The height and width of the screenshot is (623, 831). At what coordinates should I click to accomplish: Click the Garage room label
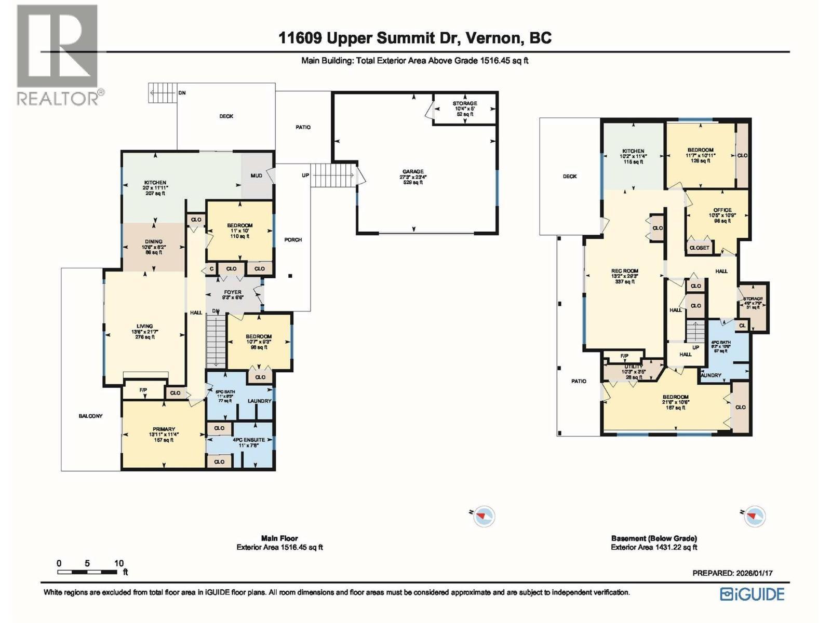point(413,172)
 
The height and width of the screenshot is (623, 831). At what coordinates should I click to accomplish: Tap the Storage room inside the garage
point(464,109)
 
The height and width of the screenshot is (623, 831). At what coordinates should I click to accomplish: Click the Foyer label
point(232,293)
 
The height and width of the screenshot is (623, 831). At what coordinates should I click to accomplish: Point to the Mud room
point(257,175)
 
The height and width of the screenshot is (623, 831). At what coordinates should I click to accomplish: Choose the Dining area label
point(154,242)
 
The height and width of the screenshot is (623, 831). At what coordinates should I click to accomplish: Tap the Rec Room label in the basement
point(625,272)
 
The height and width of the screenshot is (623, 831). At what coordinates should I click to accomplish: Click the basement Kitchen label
point(633,152)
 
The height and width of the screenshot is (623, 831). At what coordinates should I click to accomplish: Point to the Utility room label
point(633,367)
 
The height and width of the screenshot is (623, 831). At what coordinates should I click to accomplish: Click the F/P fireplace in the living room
point(143,390)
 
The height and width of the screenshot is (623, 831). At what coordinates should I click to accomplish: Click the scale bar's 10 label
point(119,563)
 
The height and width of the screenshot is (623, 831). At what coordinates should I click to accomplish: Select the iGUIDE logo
point(752,594)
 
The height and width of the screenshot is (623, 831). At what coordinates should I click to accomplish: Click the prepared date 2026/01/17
point(754,573)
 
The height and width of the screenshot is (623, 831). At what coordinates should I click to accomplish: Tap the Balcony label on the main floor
point(91,416)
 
